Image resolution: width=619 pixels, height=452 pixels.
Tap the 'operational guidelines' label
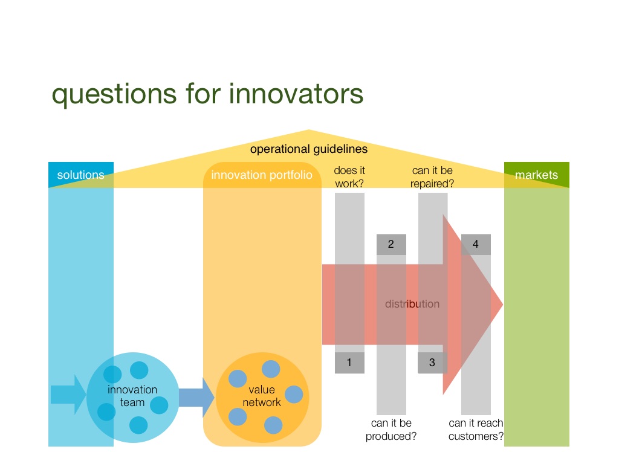pos(309,149)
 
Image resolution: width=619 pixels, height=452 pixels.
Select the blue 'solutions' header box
pos(81,175)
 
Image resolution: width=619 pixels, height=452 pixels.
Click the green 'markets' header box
pos(537,175)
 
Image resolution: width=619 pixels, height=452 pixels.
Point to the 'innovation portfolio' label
pos(262,175)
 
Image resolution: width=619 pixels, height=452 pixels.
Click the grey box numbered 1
pos(349,363)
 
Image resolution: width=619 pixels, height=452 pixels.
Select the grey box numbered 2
pos(391,244)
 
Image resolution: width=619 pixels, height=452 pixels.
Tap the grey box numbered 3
pos(432,363)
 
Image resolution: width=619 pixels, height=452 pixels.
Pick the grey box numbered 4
pos(476,244)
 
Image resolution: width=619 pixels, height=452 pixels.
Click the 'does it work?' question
pos(349,177)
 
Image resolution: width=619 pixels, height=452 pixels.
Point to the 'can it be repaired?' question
pos(432,177)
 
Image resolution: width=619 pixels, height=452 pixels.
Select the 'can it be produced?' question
pos(391,430)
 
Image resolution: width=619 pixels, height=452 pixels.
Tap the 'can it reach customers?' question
pos(476,430)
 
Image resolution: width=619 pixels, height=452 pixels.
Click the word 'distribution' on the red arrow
pos(412,304)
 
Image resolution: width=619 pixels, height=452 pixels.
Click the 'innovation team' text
pos(132,396)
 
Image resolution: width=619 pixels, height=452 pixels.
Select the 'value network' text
pos(262,396)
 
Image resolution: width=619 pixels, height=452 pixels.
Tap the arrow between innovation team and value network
pos(196,397)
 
